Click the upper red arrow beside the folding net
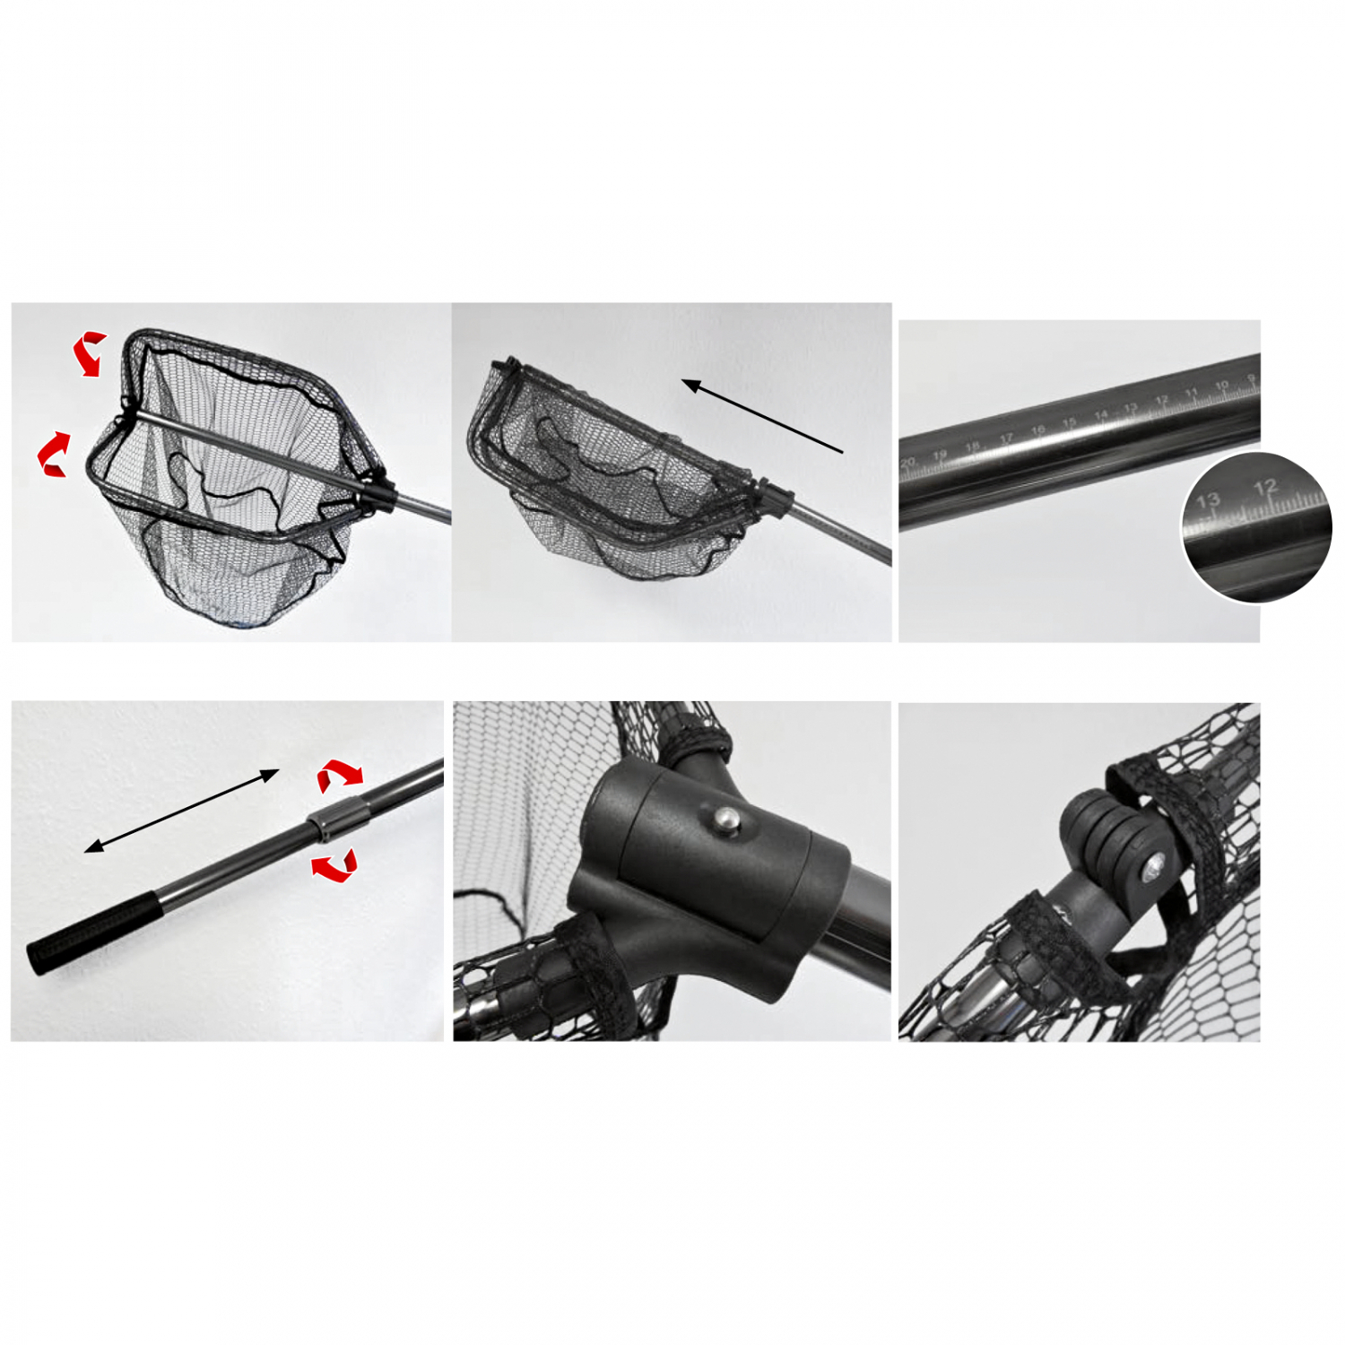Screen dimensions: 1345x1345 coord(89,352)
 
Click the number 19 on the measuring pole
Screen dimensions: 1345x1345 coord(939,456)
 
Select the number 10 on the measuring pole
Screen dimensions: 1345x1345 coord(1221,386)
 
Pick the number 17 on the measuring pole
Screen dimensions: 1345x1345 coord(1006,438)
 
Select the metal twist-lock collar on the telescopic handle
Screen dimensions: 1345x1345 coord(341,819)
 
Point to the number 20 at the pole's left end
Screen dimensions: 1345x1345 coord(908,463)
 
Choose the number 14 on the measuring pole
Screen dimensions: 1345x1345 coord(1101,415)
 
